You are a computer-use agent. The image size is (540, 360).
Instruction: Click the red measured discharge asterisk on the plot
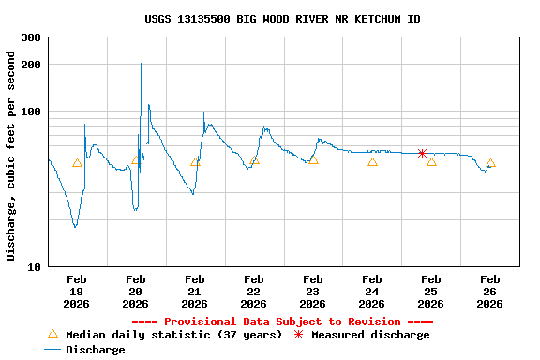pos(422,153)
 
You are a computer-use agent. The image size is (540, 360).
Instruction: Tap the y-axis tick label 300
pos(31,37)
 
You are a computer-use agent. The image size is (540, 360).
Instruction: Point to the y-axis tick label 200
pos(31,65)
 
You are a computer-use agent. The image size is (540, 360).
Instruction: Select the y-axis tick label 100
pos(31,112)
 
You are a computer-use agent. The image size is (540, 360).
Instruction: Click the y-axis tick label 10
pos(34,267)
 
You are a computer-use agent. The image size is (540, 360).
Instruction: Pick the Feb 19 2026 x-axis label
pos(77,292)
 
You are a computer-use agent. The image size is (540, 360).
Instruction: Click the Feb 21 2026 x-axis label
pos(195,292)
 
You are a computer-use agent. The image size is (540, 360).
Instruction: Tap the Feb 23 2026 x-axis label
pos(313,292)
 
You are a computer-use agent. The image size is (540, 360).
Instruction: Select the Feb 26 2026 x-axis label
pos(490,292)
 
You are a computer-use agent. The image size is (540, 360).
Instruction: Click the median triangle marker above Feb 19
pos(77,162)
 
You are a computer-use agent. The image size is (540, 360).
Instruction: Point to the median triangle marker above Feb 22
pos(254,160)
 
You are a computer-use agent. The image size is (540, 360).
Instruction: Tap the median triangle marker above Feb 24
pos(372,161)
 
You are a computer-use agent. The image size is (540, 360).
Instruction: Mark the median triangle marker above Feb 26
pos(490,162)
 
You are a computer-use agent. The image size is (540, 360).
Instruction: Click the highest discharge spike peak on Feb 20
pos(141,64)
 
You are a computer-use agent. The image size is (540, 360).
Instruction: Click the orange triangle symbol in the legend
pos(52,334)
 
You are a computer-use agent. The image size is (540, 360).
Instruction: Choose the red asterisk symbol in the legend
pos(299,334)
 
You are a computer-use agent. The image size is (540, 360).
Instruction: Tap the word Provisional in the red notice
pos(200,321)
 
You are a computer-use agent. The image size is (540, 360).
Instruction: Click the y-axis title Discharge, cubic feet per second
pos(11,156)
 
